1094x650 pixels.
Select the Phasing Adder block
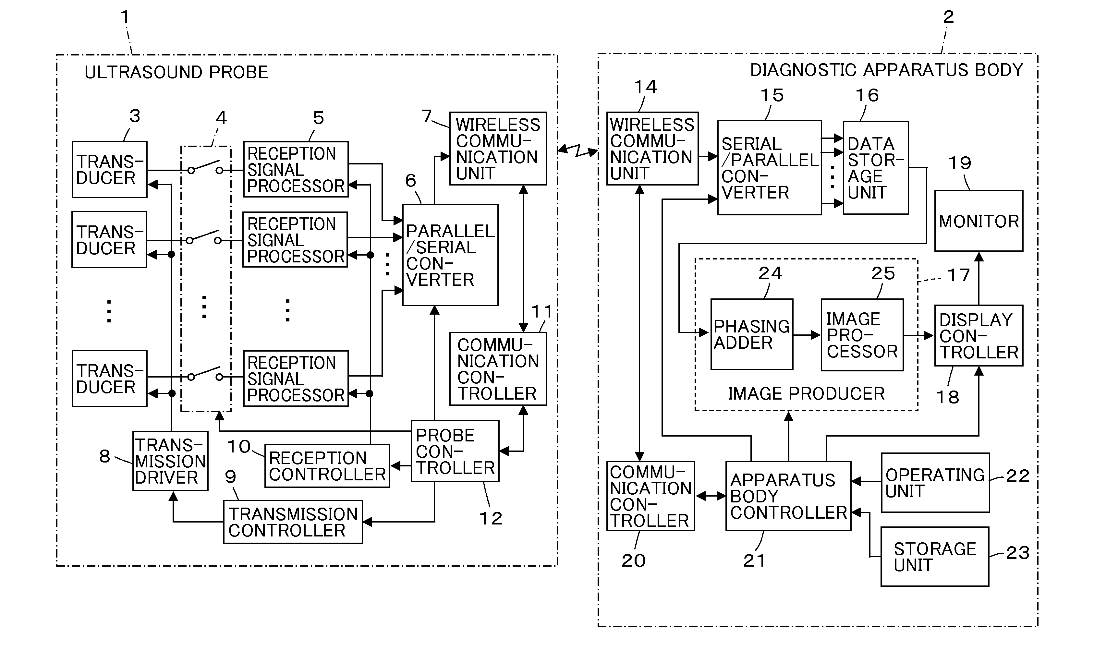coord(751,334)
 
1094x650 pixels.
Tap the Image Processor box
coord(862,335)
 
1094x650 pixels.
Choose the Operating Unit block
coord(935,483)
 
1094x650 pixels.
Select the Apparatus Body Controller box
coord(788,496)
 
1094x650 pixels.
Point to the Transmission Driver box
coord(170,461)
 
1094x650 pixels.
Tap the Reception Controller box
coord(327,465)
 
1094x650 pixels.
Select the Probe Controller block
coord(455,451)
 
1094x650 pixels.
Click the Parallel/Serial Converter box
coord(450,255)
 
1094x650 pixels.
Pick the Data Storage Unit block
coord(875,167)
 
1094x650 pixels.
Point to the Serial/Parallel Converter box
coord(769,167)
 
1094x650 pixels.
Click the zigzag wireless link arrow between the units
coord(577,151)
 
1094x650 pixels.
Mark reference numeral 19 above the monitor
coord(959,163)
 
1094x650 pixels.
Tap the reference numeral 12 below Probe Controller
coord(491,518)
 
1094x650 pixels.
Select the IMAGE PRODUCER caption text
coord(806,393)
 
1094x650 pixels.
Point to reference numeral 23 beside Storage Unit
coord(1017,552)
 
